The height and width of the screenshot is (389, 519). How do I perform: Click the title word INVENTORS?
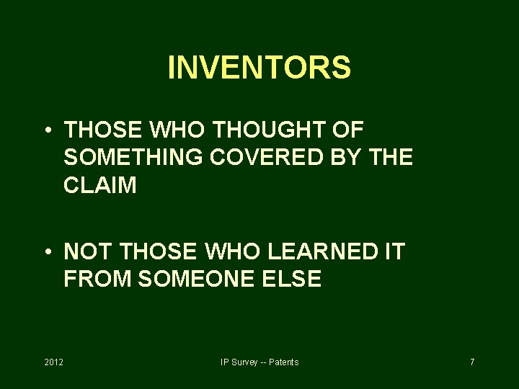click(x=259, y=68)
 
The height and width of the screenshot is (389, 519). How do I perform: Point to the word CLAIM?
click(x=99, y=185)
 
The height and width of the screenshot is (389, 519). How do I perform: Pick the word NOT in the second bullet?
click(x=86, y=252)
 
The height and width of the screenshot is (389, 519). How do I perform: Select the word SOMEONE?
click(x=194, y=280)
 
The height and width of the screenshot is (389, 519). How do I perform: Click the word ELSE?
click(x=293, y=280)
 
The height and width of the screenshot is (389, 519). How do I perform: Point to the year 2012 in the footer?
click(x=54, y=362)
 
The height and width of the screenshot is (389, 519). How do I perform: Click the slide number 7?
click(x=472, y=362)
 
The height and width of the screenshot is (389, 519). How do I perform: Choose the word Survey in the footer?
click(x=242, y=362)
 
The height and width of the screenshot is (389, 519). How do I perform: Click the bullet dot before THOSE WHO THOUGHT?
click(x=45, y=131)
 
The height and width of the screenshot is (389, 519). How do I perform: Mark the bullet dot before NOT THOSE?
click(x=45, y=253)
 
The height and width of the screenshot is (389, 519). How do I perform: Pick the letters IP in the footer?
click(x=225, y=362)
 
